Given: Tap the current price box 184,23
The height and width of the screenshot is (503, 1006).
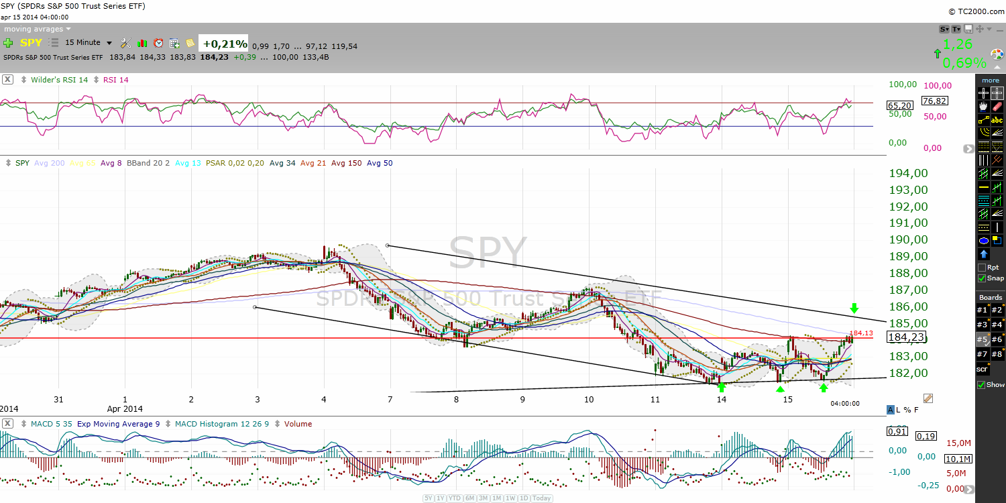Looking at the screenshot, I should pyautogui.click(x=906, y=338).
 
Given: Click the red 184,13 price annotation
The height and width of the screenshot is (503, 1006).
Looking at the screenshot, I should pyautogui.click(x=861, y=333).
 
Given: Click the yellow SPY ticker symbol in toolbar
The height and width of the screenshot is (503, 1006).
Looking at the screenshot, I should pyautogui.click(x=31, y=43).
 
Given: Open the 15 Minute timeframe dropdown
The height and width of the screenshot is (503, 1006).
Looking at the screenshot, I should pyautogui.click(x=89, y=43).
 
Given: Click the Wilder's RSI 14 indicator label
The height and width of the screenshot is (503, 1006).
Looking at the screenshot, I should pyautogui.click(x=60, y=80).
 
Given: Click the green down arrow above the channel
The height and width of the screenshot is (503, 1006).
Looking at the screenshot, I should pyautogui.click(x=854, y=308).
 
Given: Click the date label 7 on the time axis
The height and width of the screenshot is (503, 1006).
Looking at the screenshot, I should pyautogui.click(x=390, y=400).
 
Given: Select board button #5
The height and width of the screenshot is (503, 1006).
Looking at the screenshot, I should pyautogui.click(x=982, y=339).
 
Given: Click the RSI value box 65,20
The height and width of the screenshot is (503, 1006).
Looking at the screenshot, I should pyautogui.click(x=899, y=105).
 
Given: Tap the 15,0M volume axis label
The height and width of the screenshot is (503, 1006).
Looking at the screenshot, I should pyautogui.click(x=958, y=443).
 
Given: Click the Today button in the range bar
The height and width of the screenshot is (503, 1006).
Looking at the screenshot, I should pyautogui.click(x=542, y=498).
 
